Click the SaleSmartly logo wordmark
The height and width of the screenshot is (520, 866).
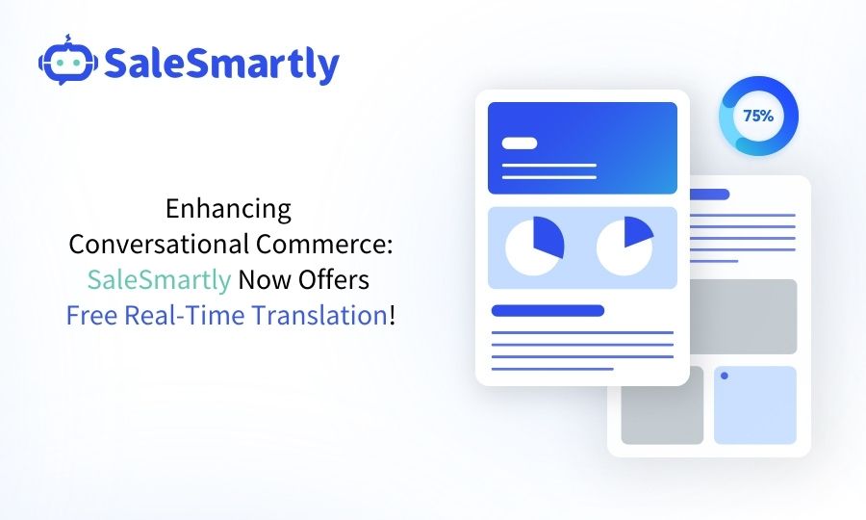[221, 64]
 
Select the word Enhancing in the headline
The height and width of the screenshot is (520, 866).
[228, 208]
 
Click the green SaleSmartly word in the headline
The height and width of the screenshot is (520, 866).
[159, 279]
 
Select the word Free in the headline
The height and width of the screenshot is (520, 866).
[92, 315]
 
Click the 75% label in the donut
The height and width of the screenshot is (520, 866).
[757, 116]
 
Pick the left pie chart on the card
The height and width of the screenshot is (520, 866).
[534, 247]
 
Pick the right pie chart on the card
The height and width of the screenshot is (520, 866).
[624, 246]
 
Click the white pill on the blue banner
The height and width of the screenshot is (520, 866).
[520, 143]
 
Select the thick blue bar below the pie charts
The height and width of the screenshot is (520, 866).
[548, 310]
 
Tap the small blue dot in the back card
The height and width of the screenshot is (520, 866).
[724, 376]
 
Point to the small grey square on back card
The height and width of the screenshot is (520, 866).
[662, 404]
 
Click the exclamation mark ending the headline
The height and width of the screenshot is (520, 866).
[392, 315]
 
